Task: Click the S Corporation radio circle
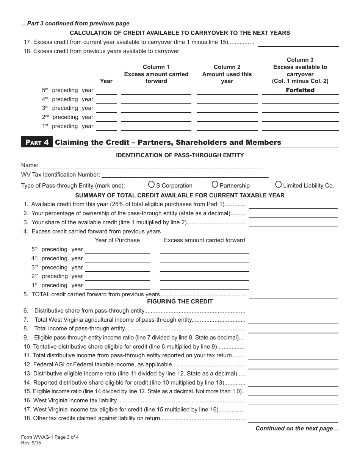pos(151,185)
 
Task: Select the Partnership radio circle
pos(215,185)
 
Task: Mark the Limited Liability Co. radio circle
pos(279,185)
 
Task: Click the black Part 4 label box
pos(37,142)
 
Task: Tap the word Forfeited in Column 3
pos(300,90)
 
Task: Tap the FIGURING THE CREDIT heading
pos(180,302)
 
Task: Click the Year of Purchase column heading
pos(117,240)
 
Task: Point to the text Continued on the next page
pos(297,428)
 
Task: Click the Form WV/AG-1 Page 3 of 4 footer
pos(50,437)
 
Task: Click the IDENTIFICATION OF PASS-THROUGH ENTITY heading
pos(180,155)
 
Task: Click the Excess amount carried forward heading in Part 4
pos(204,240)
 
